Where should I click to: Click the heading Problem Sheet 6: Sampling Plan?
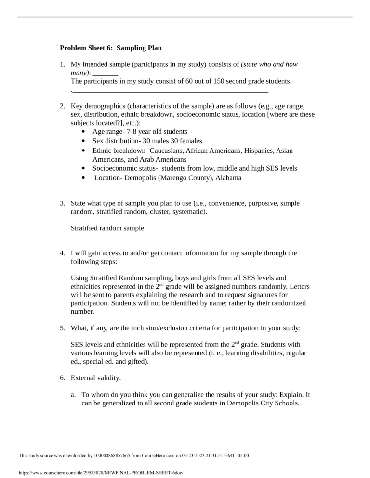(x=111, y=48)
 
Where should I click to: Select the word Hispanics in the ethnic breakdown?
(x=256, y=151)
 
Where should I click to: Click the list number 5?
(x=62, y=328)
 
